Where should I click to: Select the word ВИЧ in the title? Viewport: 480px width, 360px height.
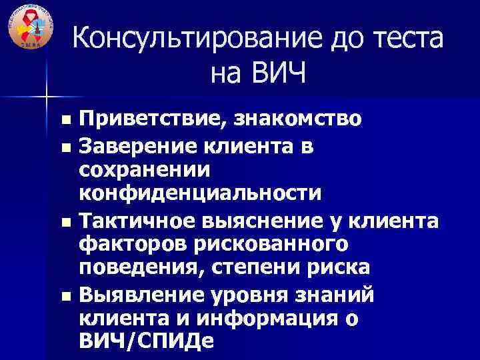pos(277,73)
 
